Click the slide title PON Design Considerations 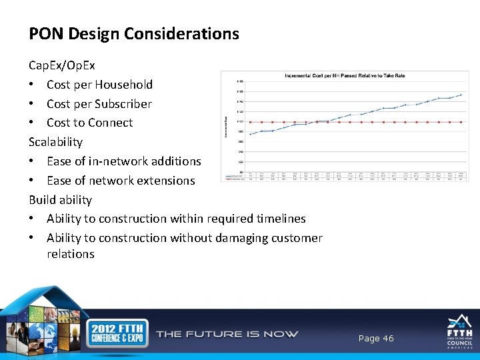point(133,33)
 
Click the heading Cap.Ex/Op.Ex point(61,65)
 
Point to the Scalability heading point(55,142)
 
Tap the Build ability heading point(60,200)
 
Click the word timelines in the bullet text point(280,219)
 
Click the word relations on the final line point(70,254)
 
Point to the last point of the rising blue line point(461,95)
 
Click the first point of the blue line point(250,134)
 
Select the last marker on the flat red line point(461,122)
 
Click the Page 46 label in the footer point(376,339)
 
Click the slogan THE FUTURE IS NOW point(227,334)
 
